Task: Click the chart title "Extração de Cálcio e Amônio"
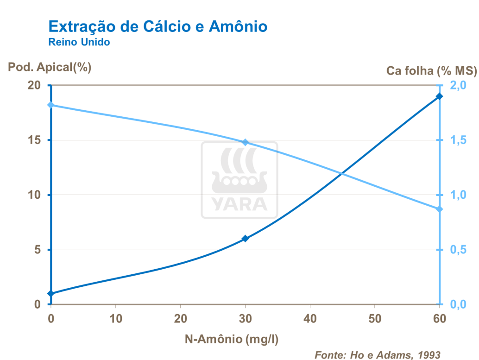coord(158,26)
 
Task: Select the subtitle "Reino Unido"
coord(79,43)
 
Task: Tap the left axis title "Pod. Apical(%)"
coord(50,67)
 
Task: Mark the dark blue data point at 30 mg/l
coord(246,239)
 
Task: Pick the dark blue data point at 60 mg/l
coord(439,96)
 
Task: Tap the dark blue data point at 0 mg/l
coord(51,294)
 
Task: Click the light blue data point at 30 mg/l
coord(246,142)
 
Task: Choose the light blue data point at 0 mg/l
coord(51,105)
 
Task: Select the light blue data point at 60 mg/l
coord(439,209)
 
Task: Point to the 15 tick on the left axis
coord(35,140)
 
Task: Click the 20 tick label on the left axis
coord(35,86)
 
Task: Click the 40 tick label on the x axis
coord(310,319)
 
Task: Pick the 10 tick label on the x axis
coord(115,319)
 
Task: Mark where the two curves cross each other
coord(342,174)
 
